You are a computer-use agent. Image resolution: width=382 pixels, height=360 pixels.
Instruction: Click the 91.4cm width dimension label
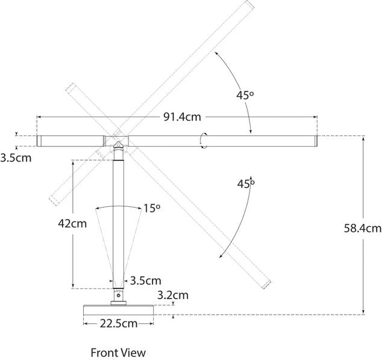[182, 117]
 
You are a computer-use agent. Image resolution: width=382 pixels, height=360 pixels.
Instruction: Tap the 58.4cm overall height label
[363, 228]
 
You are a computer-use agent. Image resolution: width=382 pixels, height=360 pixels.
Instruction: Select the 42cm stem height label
[72, 223]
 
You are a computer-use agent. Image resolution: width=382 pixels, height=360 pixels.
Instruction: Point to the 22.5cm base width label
[119, 324]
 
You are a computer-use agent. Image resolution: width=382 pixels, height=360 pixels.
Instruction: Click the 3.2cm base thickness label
[173, 295]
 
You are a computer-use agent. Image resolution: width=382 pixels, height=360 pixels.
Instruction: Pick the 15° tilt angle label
[151, 208]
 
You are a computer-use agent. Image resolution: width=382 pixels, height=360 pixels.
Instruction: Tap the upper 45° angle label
[245, 95]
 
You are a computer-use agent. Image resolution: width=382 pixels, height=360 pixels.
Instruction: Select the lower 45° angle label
[246, 184]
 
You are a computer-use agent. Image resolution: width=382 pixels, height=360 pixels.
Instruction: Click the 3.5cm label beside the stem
[146, 281]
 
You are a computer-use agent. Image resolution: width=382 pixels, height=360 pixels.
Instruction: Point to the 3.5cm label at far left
[16, 158]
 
